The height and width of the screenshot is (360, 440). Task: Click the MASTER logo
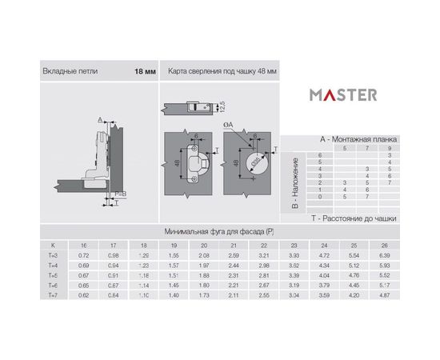344,94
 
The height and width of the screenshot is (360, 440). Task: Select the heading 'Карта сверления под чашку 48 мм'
222,71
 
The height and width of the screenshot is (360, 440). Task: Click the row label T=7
53,295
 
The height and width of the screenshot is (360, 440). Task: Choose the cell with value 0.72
82,254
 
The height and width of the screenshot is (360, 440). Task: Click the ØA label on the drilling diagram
229,125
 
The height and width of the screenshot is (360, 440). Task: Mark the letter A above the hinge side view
101,119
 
